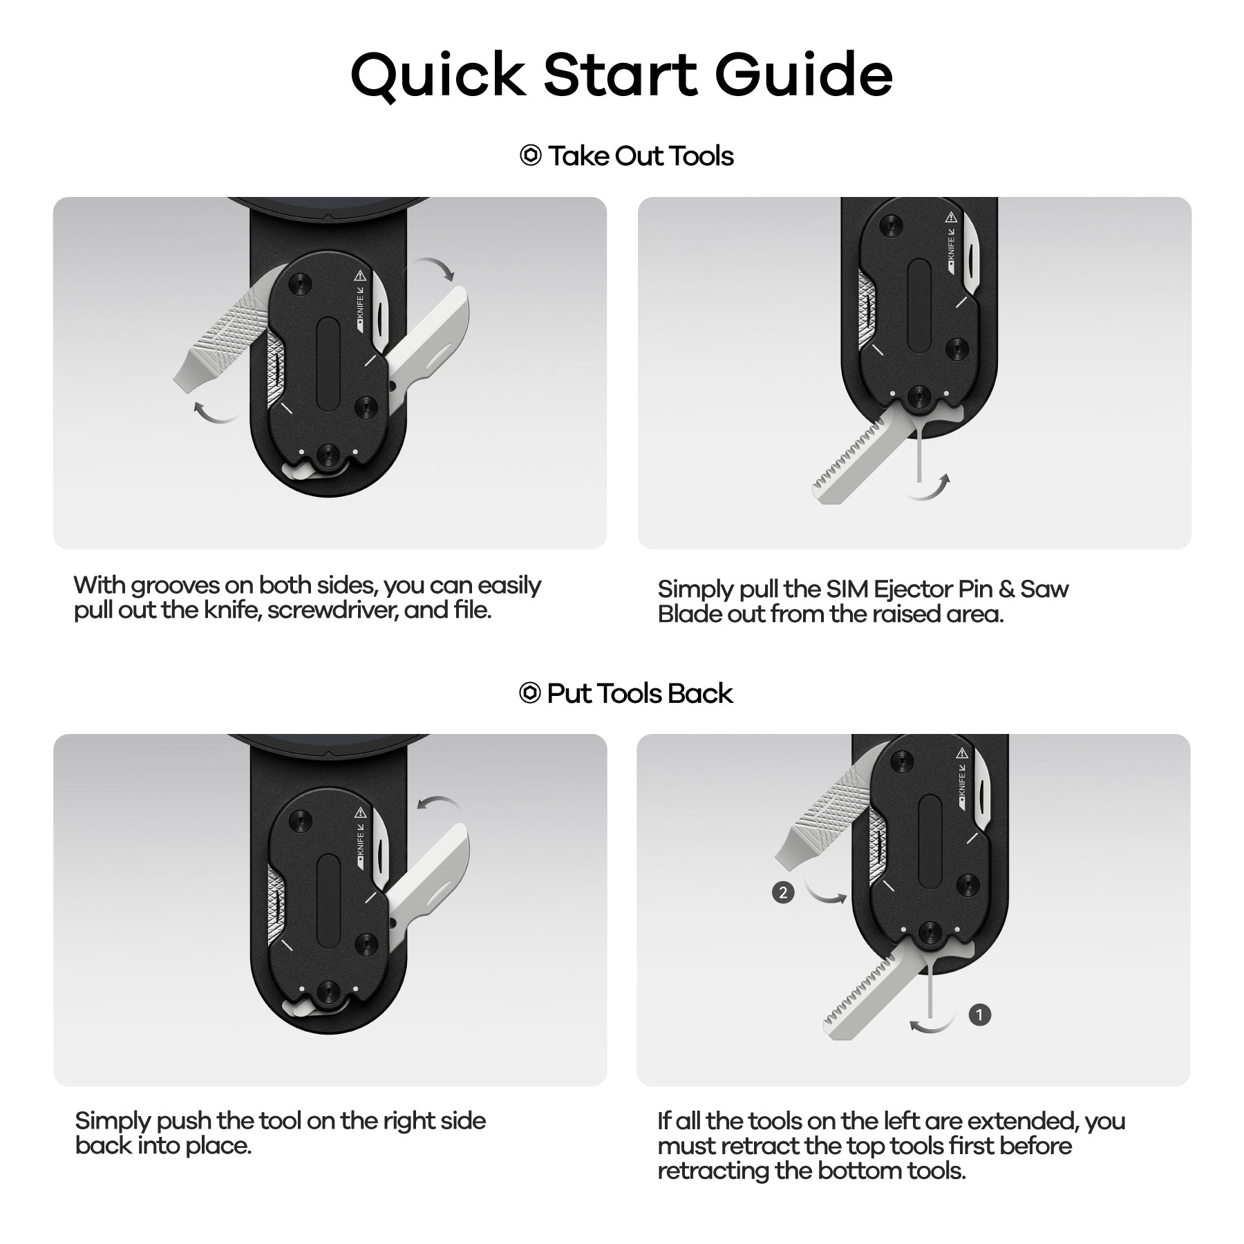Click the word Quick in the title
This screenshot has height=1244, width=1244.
pos(438,74)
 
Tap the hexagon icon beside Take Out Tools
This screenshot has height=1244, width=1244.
pos(530,155)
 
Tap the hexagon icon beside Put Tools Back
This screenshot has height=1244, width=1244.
pos(529,692)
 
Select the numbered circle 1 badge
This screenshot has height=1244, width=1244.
pos(979,1015)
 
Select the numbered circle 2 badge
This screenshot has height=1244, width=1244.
pos(782,892)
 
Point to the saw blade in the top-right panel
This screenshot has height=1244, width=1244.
pos(857,460)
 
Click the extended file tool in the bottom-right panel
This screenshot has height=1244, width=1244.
pos(822,816)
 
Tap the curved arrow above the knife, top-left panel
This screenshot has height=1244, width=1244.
pos(432,265)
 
